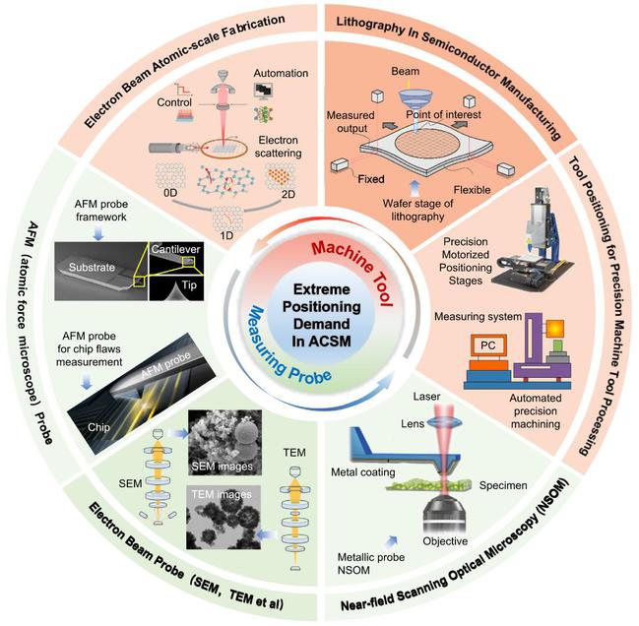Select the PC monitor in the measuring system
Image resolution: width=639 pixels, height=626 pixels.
pos(487,345)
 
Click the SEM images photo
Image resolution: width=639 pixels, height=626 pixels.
pos(224,443)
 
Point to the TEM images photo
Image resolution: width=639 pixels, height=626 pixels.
pos(224,518)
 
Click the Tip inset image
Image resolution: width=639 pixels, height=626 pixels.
pos(176,287)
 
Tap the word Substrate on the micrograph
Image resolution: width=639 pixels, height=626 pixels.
pos(92,267)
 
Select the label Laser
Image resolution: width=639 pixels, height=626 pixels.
pos(426,397)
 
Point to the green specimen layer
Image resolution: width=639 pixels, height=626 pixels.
pos(428,484)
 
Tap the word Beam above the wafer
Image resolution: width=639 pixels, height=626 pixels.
pos(405,71)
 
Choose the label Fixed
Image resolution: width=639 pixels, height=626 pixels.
pos(371,179)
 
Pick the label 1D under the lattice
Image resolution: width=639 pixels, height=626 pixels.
pos(226,235)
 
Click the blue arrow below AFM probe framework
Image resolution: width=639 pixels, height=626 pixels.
pos(98,233)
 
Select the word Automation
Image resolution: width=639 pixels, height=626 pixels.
pos(281,73)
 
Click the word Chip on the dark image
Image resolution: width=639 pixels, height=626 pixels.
pos(98,427)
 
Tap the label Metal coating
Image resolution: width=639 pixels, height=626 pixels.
pos(362,472)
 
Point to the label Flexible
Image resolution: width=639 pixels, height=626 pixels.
pos(472,190)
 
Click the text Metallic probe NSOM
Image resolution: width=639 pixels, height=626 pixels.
pos(371,563)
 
